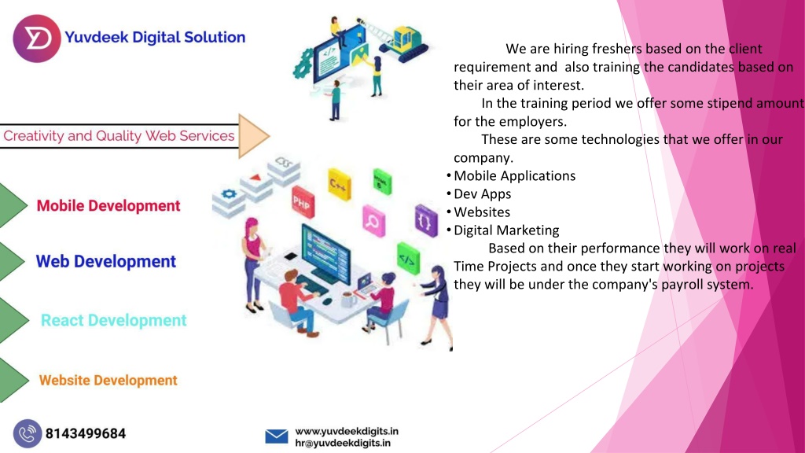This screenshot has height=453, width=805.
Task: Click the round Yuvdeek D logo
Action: point(36,39)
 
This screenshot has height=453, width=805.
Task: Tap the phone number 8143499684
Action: point(86,434)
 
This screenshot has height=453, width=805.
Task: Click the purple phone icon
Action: point(28,433)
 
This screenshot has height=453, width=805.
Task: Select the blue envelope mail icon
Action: point(277,436)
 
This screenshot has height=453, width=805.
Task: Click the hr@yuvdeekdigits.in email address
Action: point(343,443)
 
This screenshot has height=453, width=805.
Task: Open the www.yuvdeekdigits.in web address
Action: point(347,431)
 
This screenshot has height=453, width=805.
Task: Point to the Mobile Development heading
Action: point(108,206)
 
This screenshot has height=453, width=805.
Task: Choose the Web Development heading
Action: point(106,261)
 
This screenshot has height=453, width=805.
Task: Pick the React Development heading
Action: point(113,321)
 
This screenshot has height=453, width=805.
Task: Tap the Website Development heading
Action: point(108,381)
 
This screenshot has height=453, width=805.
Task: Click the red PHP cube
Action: point(303,202)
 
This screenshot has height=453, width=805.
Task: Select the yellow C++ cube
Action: point(340,184)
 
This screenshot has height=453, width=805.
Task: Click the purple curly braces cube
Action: point(426,221)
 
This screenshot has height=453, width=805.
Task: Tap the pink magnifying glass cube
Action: point(373,221)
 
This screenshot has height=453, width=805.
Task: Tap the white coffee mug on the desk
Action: point(348,299)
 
